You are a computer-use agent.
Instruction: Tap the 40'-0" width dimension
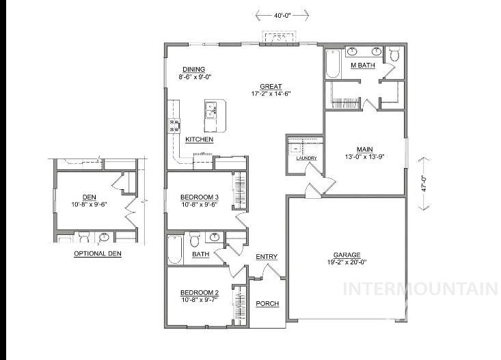[282, 14]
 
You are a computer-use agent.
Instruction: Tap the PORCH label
[267, 303]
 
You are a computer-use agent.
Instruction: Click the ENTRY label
[267, 257]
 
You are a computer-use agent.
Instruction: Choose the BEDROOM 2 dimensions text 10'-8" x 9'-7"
[199, 299]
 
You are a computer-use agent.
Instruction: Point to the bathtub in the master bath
[333, 64]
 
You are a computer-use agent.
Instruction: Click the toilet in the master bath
[394, 55]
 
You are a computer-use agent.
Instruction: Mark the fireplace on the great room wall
[278, 40]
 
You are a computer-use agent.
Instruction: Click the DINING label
[194, 70]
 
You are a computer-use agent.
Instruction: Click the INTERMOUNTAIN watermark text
[420, 289]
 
